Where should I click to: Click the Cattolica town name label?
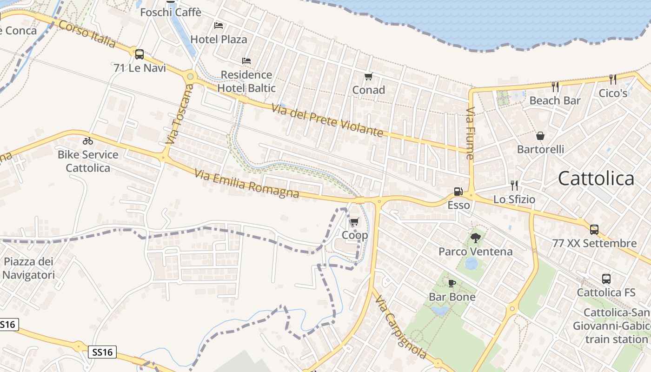[x=596, y=179]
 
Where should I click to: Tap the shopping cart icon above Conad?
[x=368, y=77]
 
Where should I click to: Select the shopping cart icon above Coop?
[x=354, y=222]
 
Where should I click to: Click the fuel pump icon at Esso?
[x=458, y=191]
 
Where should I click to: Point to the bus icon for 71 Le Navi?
[x=139, y=54]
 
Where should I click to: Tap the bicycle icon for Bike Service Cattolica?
[x=88, y=141]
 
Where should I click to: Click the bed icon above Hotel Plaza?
[x=219, y=26]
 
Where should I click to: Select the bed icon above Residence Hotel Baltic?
[x=246, y=61]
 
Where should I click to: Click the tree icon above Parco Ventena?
[x=475, y=238]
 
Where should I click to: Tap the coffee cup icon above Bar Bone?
[x=452, y=283]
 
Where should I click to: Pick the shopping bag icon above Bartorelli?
[x=540, y=136]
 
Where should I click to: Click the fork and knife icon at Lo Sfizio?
[x=514, y=186]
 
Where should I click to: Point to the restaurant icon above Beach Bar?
[x=555, y=86]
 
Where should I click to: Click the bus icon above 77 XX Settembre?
[x=594, y=229]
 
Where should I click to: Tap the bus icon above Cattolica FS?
[x=606, y=279]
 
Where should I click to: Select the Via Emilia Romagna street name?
[x=246, y=184]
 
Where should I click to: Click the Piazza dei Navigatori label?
[x=29, y=268]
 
